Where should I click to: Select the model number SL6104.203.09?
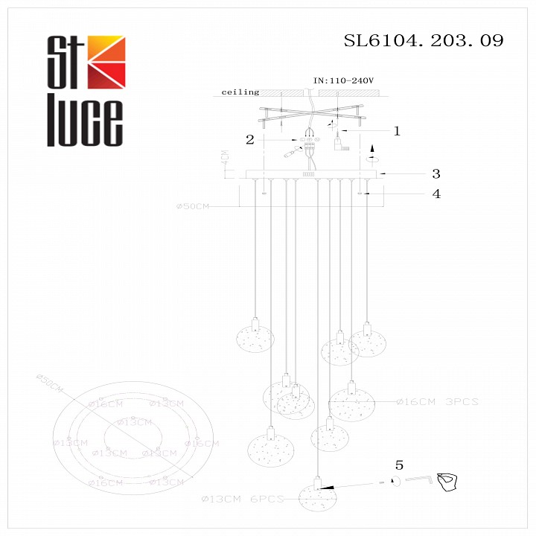(423, 41)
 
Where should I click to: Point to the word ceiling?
(240, 92)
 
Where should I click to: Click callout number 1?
(397, 131)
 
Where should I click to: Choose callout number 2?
(250, 138)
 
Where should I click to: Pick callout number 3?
(436, 173)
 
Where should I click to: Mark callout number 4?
(436, 194)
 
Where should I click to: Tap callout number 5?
(399, 465)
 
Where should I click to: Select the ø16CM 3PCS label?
(437, 402)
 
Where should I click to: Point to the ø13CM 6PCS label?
(243, 499)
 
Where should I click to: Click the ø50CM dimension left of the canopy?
(193, 206)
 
